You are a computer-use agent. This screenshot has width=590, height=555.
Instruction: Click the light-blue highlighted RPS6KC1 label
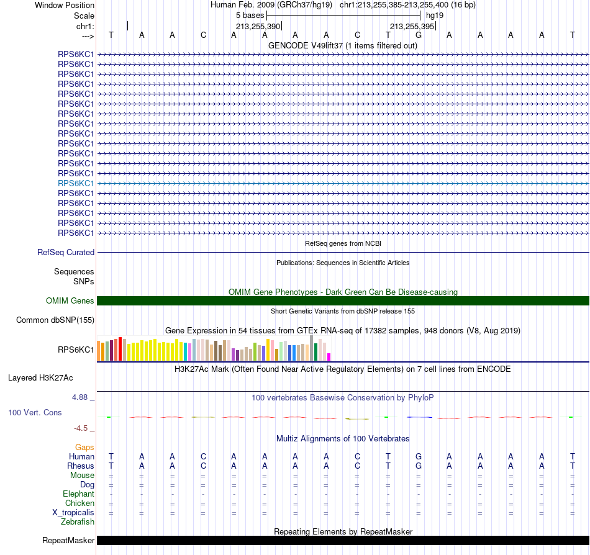(x=76, y=183)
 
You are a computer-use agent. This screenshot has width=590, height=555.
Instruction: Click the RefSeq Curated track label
(x=65, y=252)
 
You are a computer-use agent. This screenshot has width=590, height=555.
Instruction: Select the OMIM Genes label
(x=70, y=301)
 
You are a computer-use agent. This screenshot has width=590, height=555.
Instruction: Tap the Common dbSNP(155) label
(x=55, y=320)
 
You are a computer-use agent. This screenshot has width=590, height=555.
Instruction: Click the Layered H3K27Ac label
(x=40, y=378)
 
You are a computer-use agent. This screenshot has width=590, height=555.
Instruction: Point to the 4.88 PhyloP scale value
(x=79, y=397)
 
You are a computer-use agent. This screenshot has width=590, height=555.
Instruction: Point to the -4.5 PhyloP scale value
(x=81, y=428)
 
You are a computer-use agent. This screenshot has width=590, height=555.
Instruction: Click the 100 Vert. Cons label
(x=35, y=412)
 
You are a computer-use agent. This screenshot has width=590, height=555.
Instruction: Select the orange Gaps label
(x=84, y=447)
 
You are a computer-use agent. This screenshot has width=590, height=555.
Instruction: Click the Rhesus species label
(x=81, y=466)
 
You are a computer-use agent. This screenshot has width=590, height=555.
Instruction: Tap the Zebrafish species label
(x=78, y=522)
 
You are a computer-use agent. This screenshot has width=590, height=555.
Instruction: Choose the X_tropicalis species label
(x=73, y=513)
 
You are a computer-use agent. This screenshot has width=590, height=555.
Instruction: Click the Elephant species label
(x=78, y=494)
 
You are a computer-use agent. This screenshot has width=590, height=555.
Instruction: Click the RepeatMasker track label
(x=68, y=540)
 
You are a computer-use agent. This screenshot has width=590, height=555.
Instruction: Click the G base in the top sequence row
(x=419, y=35)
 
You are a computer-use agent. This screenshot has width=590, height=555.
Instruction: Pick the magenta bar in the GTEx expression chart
(x=329, y=357)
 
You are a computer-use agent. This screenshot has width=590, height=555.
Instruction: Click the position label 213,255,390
(x=258, y=26)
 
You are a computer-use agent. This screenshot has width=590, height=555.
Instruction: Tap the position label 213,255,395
(x=412, y=26)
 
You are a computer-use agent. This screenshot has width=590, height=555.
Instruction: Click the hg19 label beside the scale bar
(x=435, y=16)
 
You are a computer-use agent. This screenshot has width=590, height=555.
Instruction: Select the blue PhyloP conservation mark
(x=419, y=417)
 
